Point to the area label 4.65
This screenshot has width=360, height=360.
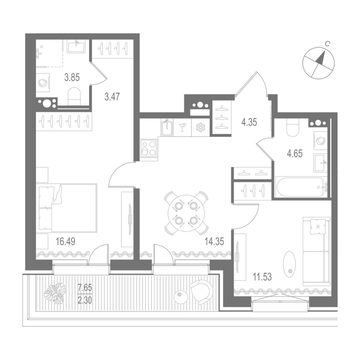[x=294, y=153]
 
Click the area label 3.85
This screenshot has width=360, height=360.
[x=72, y=77]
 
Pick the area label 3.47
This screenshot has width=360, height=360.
[x=111, y=96]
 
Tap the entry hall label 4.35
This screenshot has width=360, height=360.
[x=249, y=121]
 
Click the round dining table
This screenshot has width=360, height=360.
[x=185, y=213]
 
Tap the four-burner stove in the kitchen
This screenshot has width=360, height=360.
[x=149, y=148]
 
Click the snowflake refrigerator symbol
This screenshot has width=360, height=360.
[x=199, y=127]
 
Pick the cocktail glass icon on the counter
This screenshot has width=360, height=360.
[x=183, y=127]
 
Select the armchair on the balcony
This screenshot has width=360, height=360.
[x=200, y=292]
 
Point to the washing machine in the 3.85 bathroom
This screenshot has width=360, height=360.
[x=43, y=82]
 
